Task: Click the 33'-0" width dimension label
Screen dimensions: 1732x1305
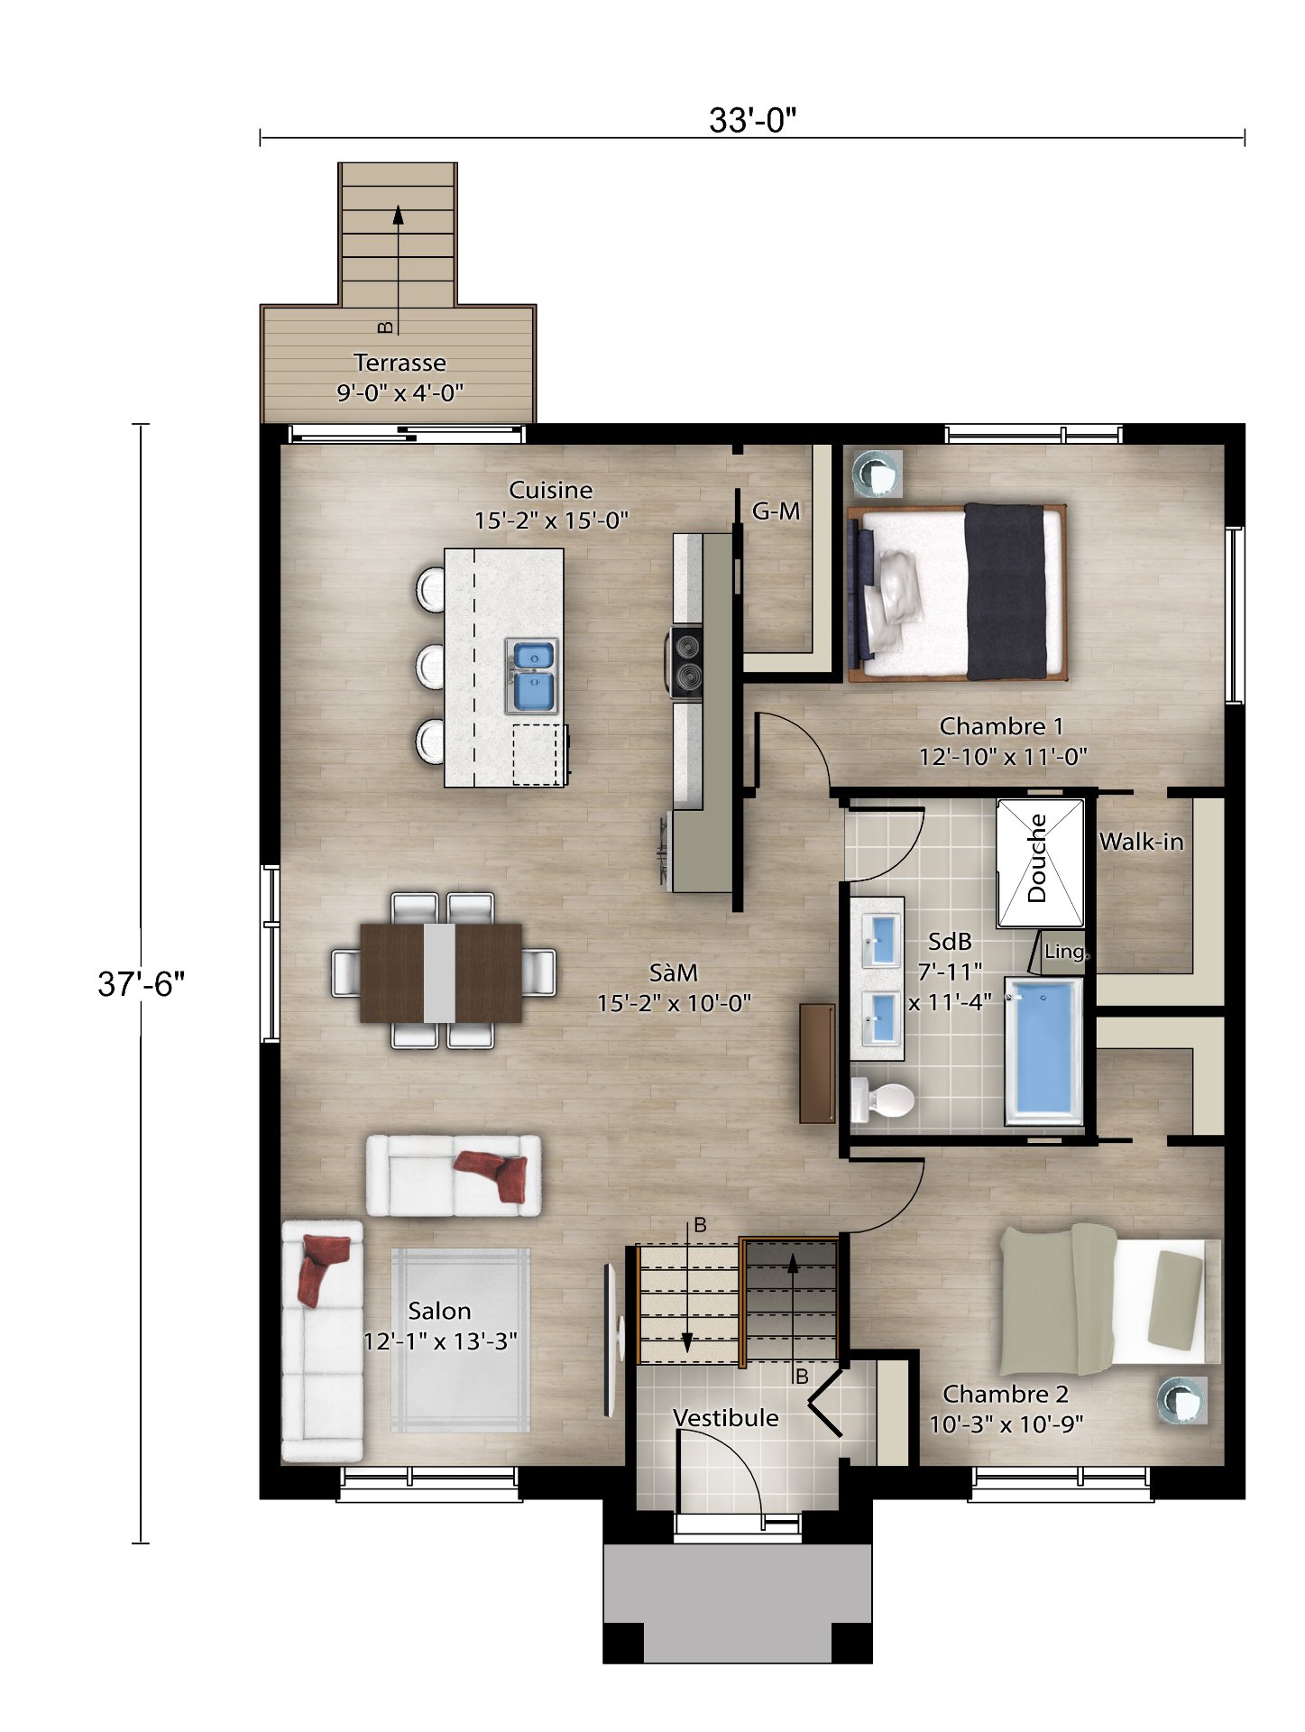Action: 752,120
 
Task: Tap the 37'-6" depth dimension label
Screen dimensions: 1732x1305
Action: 141,983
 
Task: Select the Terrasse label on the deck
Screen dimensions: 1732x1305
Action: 400,363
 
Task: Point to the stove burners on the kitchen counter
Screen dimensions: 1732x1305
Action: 686,662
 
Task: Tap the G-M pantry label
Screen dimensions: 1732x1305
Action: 776,511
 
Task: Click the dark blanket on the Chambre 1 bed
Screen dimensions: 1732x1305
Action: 1005,592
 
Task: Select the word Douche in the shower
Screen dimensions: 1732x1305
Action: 1037,858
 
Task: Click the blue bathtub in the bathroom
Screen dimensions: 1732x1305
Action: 1044,1051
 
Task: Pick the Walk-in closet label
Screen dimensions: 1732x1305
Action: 1141,842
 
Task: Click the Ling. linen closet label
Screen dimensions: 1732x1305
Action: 1065,952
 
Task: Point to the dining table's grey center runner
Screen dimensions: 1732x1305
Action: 439,972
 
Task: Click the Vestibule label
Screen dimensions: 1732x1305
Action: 725,1418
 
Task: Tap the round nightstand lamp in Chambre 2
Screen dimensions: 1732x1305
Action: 1181,1399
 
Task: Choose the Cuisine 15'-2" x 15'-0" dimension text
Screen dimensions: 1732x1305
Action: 551,521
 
